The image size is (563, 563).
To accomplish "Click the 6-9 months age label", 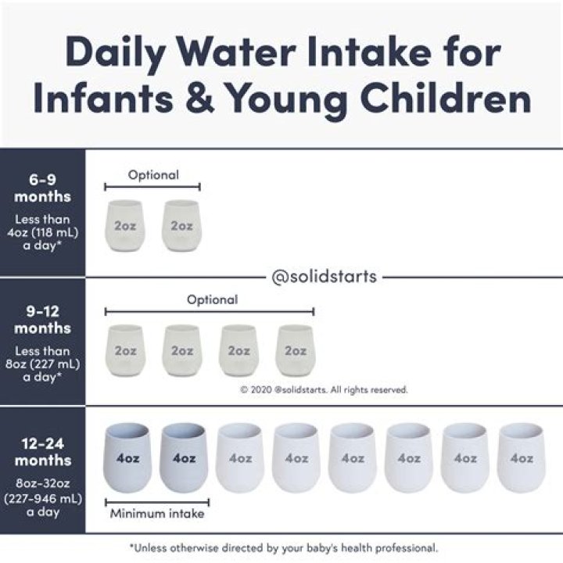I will click(42, 188).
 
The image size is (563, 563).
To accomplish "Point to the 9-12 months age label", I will click(42, 319).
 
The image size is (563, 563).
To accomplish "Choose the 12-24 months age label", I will click(42, 451).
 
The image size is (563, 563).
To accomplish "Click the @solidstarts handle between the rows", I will click(324, 277).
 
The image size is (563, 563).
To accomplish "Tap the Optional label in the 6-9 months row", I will click(153, 175).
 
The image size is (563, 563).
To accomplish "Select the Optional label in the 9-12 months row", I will click(212, 299).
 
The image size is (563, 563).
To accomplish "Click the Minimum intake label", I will click(157, 514).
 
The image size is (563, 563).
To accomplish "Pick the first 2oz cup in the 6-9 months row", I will click(125, 225).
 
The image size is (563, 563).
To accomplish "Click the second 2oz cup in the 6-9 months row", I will click(181, 225).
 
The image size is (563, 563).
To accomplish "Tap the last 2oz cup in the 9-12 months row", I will click(296, 350).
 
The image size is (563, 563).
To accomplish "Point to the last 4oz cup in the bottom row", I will click(522, 457).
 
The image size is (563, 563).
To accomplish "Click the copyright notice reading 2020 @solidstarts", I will click(324, 389).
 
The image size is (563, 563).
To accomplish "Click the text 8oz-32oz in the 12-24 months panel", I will click(42, 482).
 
